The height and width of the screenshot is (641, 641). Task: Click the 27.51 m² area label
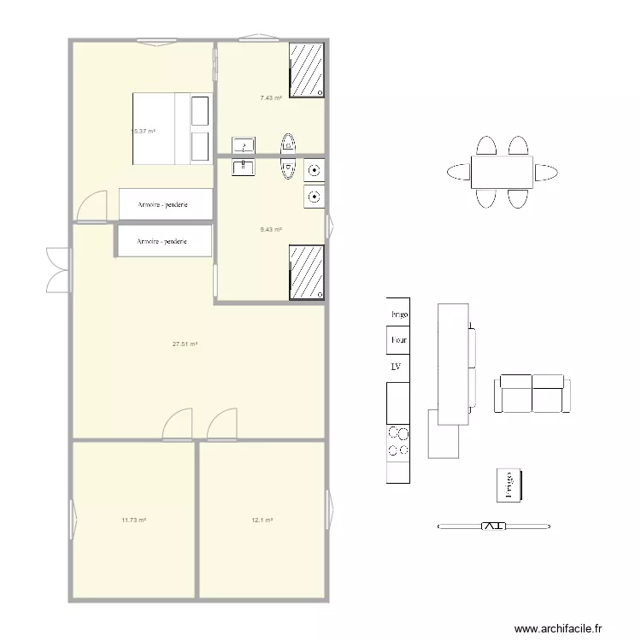coord(185,344)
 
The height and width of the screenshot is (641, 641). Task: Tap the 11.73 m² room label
coord(133,520)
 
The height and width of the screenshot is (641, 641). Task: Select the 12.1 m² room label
coord(262,520)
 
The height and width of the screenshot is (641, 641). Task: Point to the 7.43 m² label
coord(271,98)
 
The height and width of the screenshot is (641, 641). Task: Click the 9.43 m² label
coord(271,229)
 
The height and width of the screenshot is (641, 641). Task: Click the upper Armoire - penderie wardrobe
coord(165,204)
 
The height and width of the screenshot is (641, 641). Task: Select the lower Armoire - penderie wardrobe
coord(163,241)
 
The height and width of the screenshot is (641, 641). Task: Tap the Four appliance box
coord(398,340)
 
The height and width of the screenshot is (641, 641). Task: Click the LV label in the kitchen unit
coord(397,367)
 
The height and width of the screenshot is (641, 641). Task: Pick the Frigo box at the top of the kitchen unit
coord(398,314)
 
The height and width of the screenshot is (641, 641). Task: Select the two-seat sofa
coord(532,393)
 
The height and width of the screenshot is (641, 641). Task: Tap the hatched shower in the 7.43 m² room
coord(308,69)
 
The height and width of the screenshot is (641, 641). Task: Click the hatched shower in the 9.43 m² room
coord(307,273)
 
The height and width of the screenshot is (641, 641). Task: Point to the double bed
coord(171,128)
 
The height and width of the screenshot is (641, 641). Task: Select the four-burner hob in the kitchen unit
coord(398,441)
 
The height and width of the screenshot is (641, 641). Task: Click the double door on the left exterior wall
coord(58,269)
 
